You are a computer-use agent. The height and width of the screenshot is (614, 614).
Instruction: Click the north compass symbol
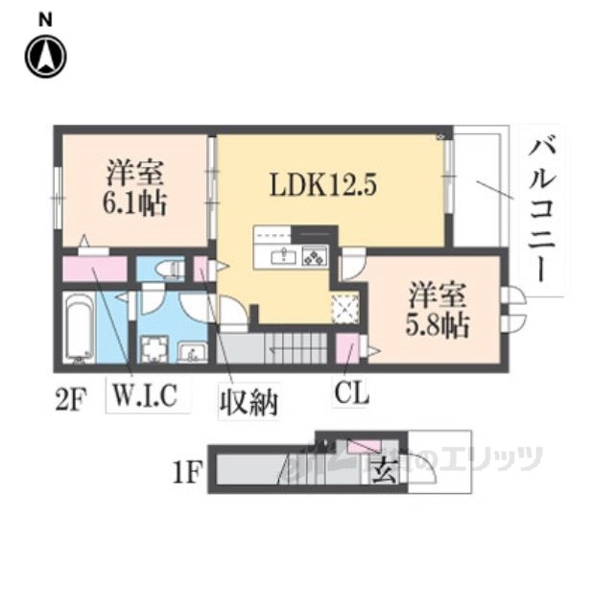pos(44,57)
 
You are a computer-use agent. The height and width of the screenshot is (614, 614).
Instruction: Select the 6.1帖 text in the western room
pos(134,202)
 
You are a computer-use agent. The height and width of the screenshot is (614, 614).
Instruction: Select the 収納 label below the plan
pos(248,400)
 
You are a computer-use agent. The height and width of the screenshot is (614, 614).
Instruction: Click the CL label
pos(351,393)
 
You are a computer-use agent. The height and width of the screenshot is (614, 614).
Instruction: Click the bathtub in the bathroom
pos(79,329)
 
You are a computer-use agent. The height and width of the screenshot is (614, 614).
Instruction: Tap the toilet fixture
pos(172,270)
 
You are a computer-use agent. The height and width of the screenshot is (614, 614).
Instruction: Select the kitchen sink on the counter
pos(283,256)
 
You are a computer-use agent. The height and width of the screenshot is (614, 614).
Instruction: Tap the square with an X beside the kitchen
pos(344,307)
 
